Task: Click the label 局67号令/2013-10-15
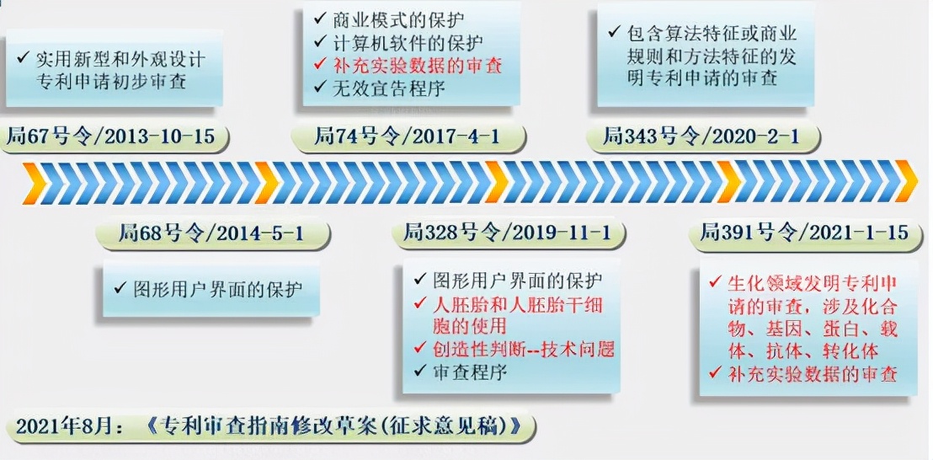coord(110,137)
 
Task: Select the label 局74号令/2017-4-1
coord(407,137)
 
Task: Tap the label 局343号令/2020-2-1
coord(701,137)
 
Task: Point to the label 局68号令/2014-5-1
coord(211,233)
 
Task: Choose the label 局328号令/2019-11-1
coord(507,232)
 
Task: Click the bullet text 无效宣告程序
coord(389,88)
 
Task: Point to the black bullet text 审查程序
coord(470,372)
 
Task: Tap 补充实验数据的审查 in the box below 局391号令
coord(813,374)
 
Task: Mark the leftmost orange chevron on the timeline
coord(35,183)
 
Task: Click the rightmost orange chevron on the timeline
coord(905,181)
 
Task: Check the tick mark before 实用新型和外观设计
coord(24,58)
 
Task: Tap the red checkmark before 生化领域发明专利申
coord(715,282)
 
